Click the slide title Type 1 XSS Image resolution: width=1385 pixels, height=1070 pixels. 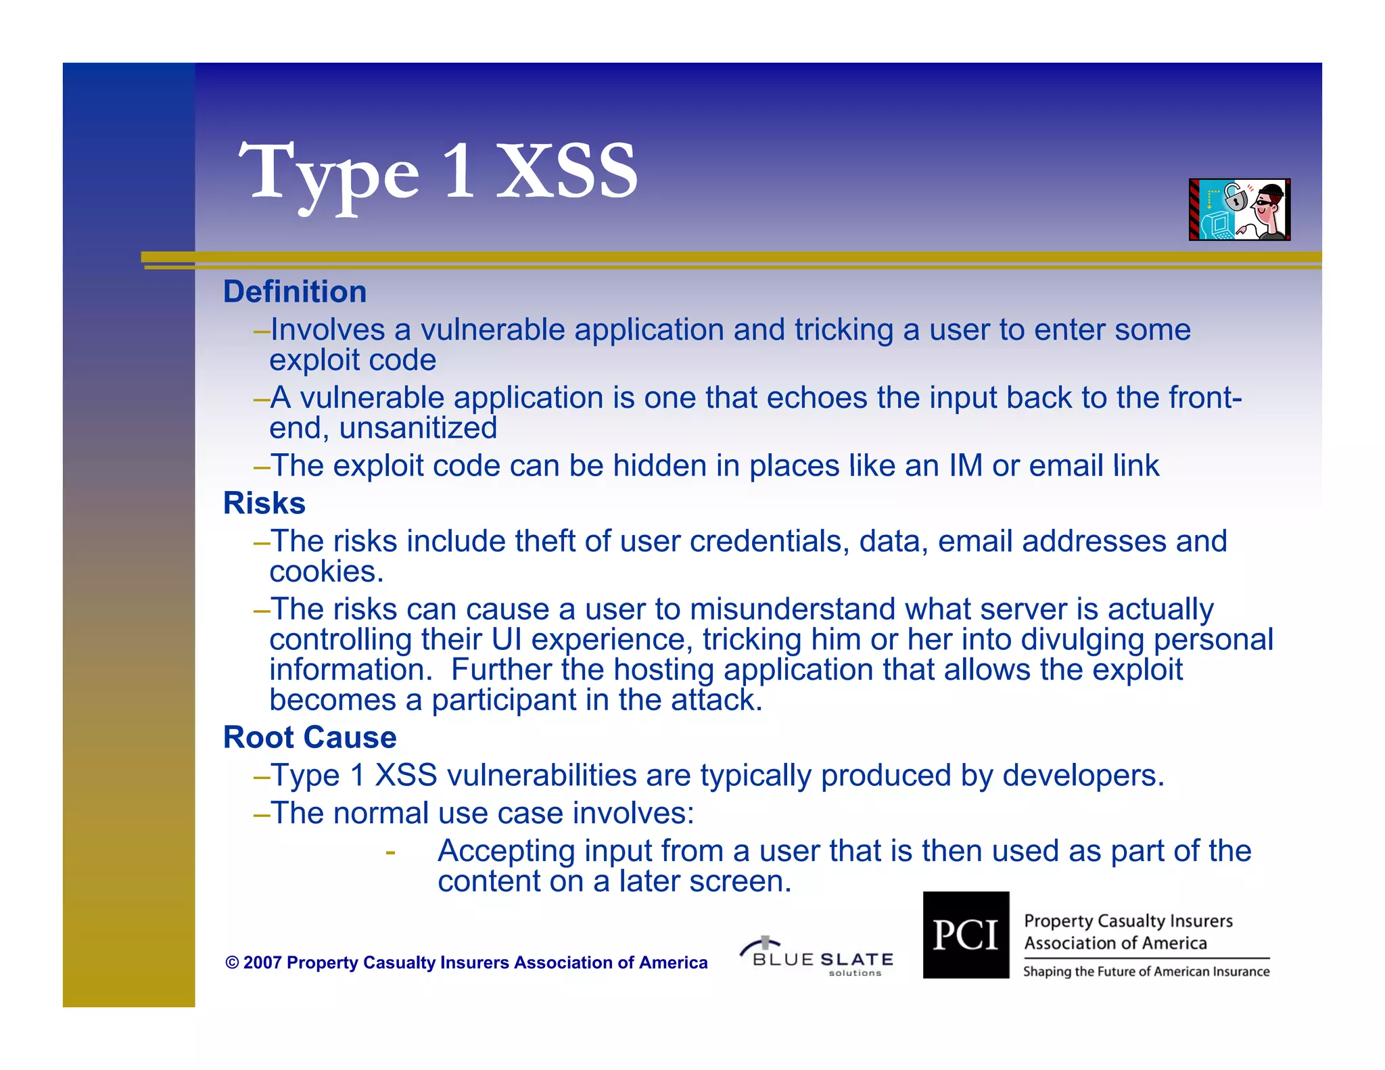438,172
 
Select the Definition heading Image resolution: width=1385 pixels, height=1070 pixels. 295,292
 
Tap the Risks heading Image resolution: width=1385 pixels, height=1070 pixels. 264,504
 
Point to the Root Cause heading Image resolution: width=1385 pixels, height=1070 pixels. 310,738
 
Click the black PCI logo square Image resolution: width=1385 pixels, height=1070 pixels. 966,935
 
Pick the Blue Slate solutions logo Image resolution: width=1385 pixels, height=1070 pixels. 817,957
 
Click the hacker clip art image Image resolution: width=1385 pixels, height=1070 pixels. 1239,210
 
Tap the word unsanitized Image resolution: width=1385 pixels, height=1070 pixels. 418,429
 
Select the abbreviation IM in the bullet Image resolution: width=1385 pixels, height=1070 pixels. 966,467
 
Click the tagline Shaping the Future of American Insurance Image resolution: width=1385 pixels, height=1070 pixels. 1146,972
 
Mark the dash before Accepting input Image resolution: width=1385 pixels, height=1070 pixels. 390,852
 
